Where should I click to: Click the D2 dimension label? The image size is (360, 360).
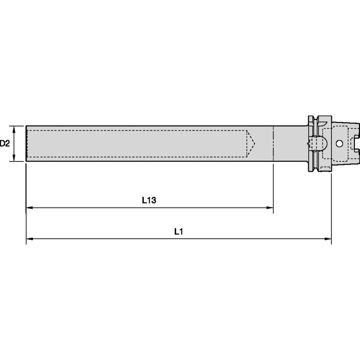[x=5, y=143]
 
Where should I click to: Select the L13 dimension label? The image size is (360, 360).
[x=149, y=200]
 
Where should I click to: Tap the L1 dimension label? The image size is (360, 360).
[x=179, y=231]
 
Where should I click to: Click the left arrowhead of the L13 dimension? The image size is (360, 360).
[x=30, y=207]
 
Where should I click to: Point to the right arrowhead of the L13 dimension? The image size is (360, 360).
[x=270, y=207]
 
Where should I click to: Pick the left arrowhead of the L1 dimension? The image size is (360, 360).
[x=30, y=239]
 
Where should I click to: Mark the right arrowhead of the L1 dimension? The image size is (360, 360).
[x=328, y=239]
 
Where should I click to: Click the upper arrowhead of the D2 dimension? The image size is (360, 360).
[x=14, y=129]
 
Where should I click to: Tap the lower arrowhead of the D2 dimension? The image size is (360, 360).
[x=14, y=158]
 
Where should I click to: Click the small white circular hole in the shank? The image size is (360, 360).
[x=339, y=144]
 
